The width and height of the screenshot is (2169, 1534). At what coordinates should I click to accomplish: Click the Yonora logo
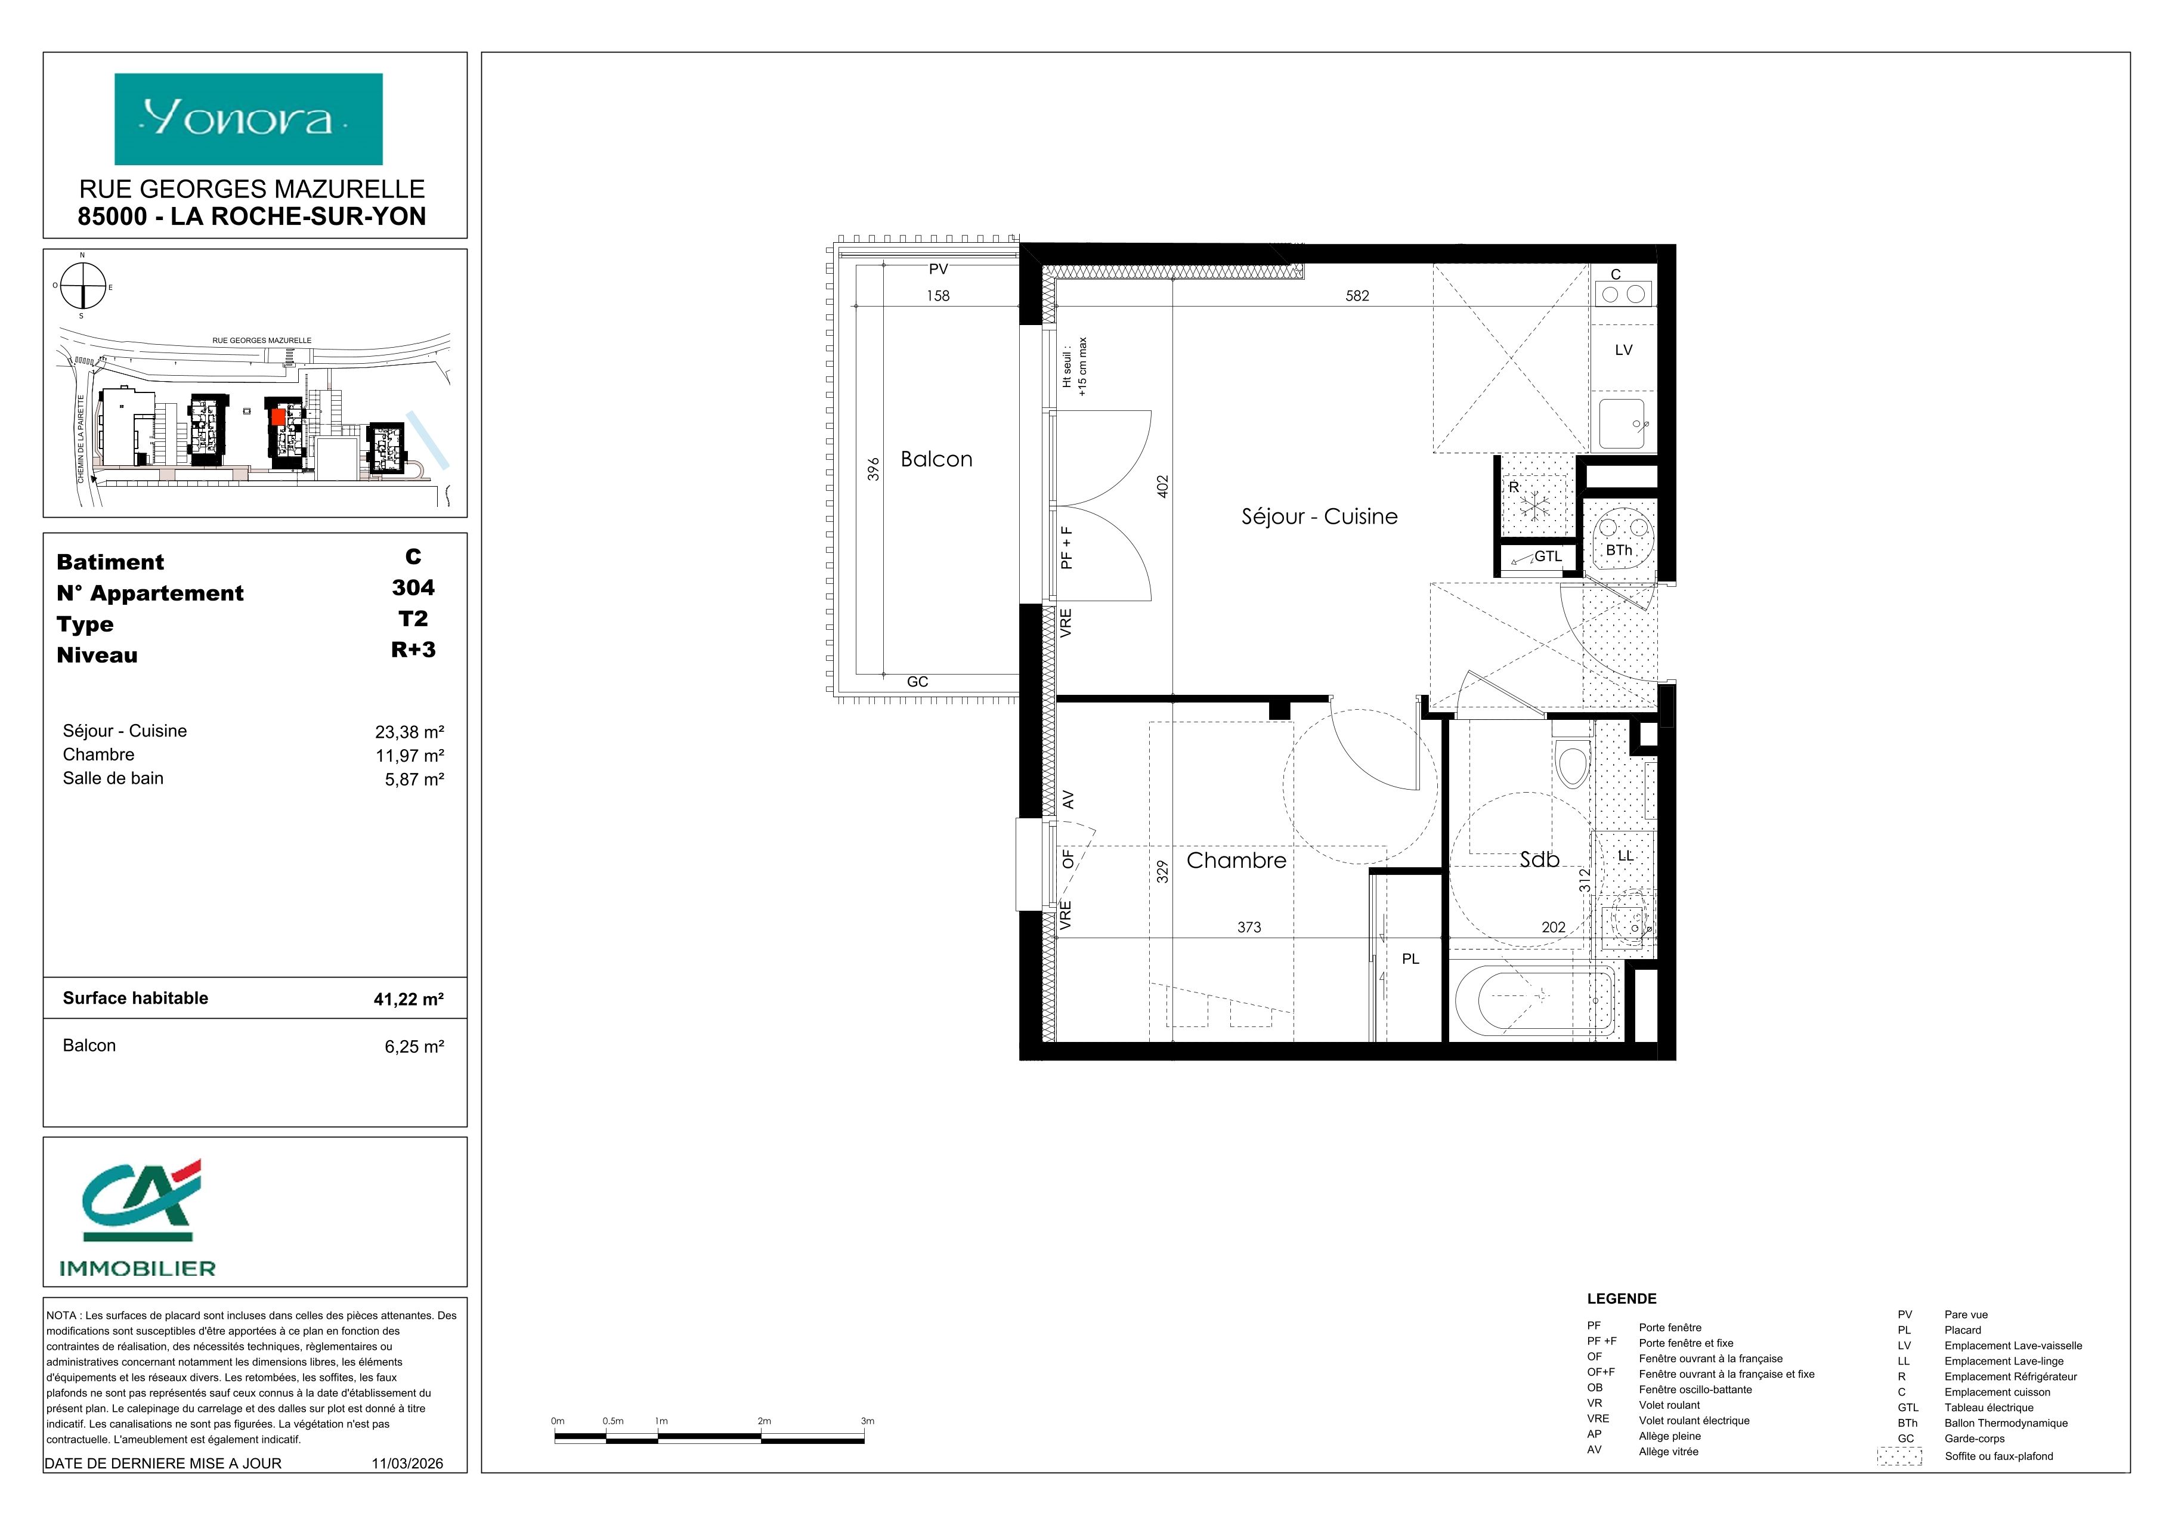249,119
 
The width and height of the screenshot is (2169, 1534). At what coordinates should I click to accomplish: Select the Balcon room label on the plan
936,459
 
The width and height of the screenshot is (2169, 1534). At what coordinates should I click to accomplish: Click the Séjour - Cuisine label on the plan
1319,517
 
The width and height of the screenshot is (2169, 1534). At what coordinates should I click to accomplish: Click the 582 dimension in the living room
1357,296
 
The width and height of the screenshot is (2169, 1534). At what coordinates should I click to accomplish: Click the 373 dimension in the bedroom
1249,927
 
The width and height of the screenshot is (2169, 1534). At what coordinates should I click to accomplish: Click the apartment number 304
414,587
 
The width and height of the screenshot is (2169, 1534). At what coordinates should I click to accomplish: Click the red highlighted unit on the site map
278,415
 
